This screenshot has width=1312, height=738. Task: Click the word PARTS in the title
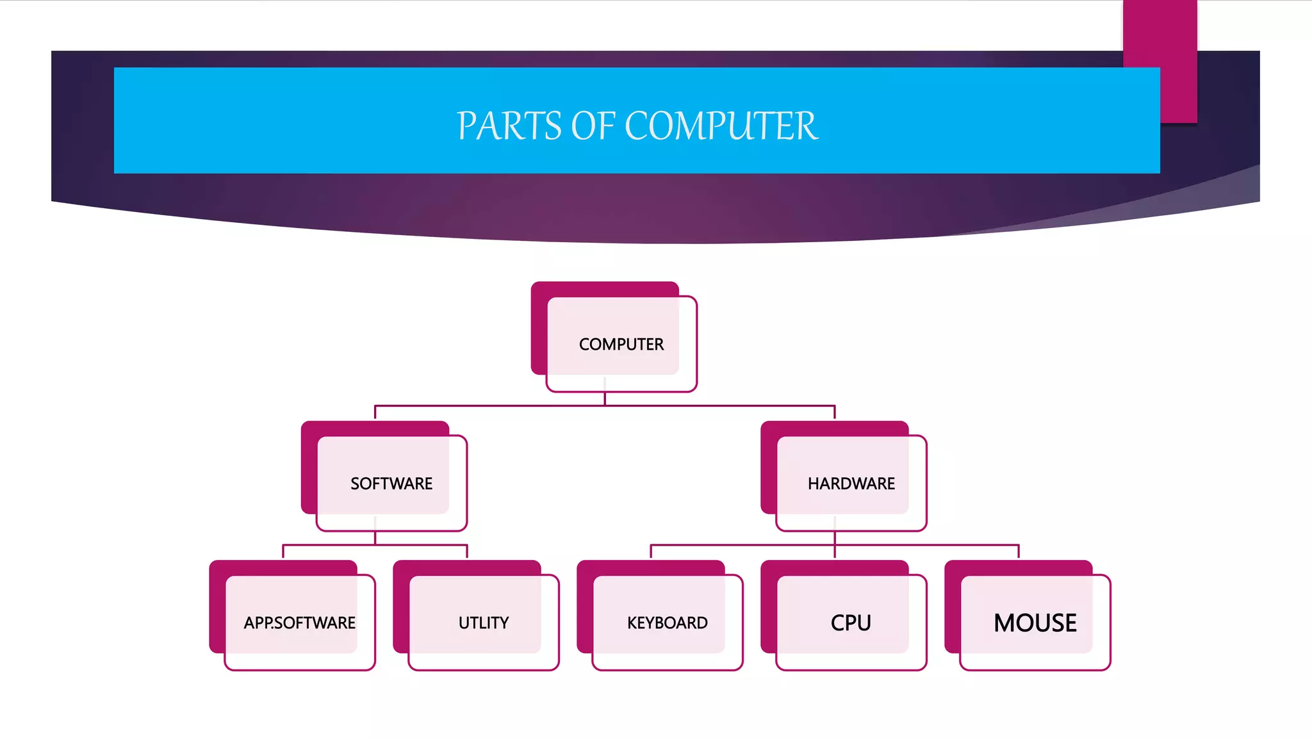coord(509,126)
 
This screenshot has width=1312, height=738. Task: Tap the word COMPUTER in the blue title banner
coord(721,126)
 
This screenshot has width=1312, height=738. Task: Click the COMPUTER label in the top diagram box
coord(621,345)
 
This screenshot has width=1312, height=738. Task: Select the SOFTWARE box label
coord(391,484)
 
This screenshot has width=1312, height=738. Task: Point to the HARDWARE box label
coord(851,484)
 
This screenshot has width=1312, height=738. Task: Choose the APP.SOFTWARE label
coord(299,623)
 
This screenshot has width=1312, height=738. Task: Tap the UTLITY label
coord(483,623)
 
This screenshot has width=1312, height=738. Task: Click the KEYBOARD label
coord(667,623)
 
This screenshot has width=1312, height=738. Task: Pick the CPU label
coord(851,623)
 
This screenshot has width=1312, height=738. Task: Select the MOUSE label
coord(1035,623)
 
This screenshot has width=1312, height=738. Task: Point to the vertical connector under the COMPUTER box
coord(605,398)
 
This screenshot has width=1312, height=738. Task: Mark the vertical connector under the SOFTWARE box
coord(375,538)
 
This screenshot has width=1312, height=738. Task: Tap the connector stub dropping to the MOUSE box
coord(1019,552)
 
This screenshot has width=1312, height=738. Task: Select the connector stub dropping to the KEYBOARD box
coord(651,552)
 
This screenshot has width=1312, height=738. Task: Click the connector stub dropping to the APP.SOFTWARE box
coord(283,552)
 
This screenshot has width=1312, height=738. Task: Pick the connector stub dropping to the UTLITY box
coord(467,552)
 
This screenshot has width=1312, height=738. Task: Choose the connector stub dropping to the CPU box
coord(835,553)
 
